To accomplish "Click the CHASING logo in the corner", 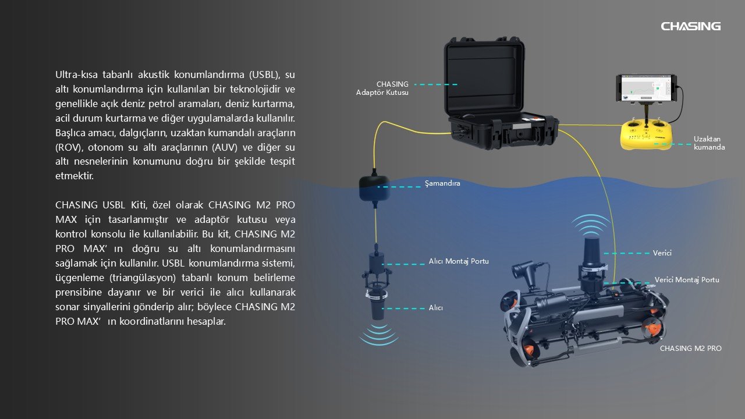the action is pos(690,26).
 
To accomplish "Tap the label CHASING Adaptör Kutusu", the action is pos(382,88).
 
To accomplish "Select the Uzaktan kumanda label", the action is pos(709,143).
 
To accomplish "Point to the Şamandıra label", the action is pos(442,183).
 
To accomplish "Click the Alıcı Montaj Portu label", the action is pos(459,261).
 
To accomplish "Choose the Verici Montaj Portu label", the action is pos(687,280).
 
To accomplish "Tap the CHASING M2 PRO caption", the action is pos(691,348).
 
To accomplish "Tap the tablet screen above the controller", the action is pos(645,88).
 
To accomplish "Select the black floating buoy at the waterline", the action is pos(374,188).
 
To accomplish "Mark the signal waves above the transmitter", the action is pos(591,225).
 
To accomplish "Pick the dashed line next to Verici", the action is pos(627,253).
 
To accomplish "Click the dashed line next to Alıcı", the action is pos(403,308).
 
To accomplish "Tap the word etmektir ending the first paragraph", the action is pos(74,176).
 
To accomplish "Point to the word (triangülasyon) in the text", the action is pos(143,278).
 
